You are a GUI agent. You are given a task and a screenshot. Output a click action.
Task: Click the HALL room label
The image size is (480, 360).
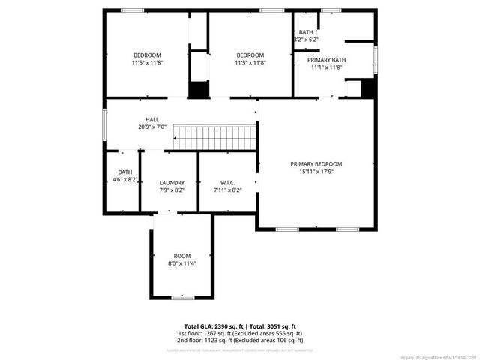click(x=152, y=119)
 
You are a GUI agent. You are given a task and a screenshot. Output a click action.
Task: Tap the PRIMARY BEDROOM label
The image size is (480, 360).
click(x=316, y=164)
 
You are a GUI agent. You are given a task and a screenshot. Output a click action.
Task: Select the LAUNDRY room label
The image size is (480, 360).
click(x=172, y=182)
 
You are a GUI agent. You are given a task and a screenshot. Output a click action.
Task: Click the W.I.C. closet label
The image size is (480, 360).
click(x=228, y=182)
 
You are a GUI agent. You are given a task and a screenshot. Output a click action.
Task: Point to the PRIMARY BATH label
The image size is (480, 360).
click(x=326, y=60)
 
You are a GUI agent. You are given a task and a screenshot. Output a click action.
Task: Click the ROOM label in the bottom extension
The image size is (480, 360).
click(x=182, y=256)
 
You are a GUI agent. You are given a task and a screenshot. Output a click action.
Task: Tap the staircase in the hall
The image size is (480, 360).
click(x=216, y=137)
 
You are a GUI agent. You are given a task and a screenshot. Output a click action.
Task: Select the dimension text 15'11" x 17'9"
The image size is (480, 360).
click(x=316, y=172)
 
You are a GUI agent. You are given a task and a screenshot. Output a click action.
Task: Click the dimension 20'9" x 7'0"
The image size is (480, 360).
click(x=152, y=127)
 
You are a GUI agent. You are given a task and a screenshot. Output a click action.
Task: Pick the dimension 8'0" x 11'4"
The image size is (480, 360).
click(x=182, y=263)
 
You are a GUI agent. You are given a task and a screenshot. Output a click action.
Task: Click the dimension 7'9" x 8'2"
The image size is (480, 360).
click(x=172, y=190)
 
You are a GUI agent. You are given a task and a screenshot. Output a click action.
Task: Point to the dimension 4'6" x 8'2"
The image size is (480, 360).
click(x=124, y=179)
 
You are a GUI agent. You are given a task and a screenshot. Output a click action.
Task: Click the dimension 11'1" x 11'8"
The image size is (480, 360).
click(x=326, y=67)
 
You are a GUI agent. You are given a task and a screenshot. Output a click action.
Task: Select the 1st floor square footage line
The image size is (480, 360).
click(x=240, y=333)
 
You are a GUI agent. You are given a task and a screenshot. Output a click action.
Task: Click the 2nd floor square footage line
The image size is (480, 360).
click(x=240, y=339)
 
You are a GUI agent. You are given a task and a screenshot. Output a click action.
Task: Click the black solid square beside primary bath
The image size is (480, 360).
click(x=367, y=88)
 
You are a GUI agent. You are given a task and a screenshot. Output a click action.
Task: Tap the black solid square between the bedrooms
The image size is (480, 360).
click(x=198, y=89)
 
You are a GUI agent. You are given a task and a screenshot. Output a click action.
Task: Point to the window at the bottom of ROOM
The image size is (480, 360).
click(x=183, y=298)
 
